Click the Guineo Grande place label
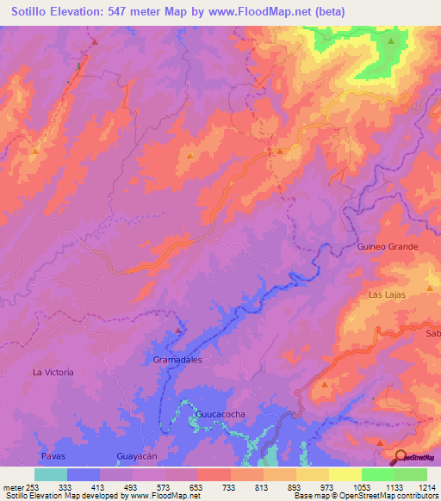[x=387, y=246]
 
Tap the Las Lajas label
[x=387, y=294]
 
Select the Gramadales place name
[x=177, y=360]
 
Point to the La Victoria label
[x=53, y=372]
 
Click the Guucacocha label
[x=220, y=414]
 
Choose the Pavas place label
[x=53, y=455]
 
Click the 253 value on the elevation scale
[x=31, y=486]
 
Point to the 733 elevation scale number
[x=231, y=486]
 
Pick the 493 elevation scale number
[x=132, y=486]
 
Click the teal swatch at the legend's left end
[x=51, y=474]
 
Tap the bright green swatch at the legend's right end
[x=411, y=474]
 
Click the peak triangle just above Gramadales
[x=179, y=330]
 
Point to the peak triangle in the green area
[x=391, y=40]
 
